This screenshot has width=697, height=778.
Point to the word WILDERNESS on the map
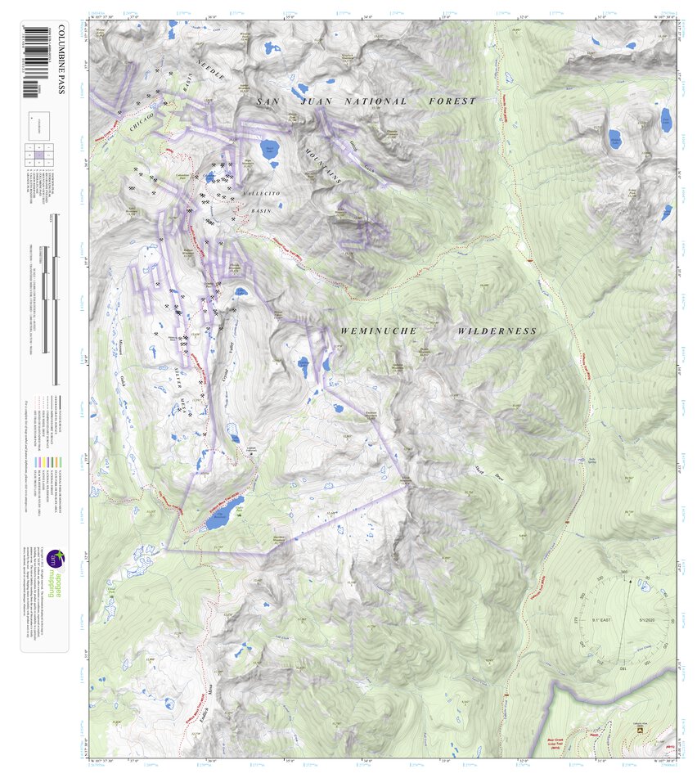(497, 331)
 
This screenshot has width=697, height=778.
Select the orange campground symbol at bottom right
(640, 729)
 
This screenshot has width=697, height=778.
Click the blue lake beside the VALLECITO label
(269, 151)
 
